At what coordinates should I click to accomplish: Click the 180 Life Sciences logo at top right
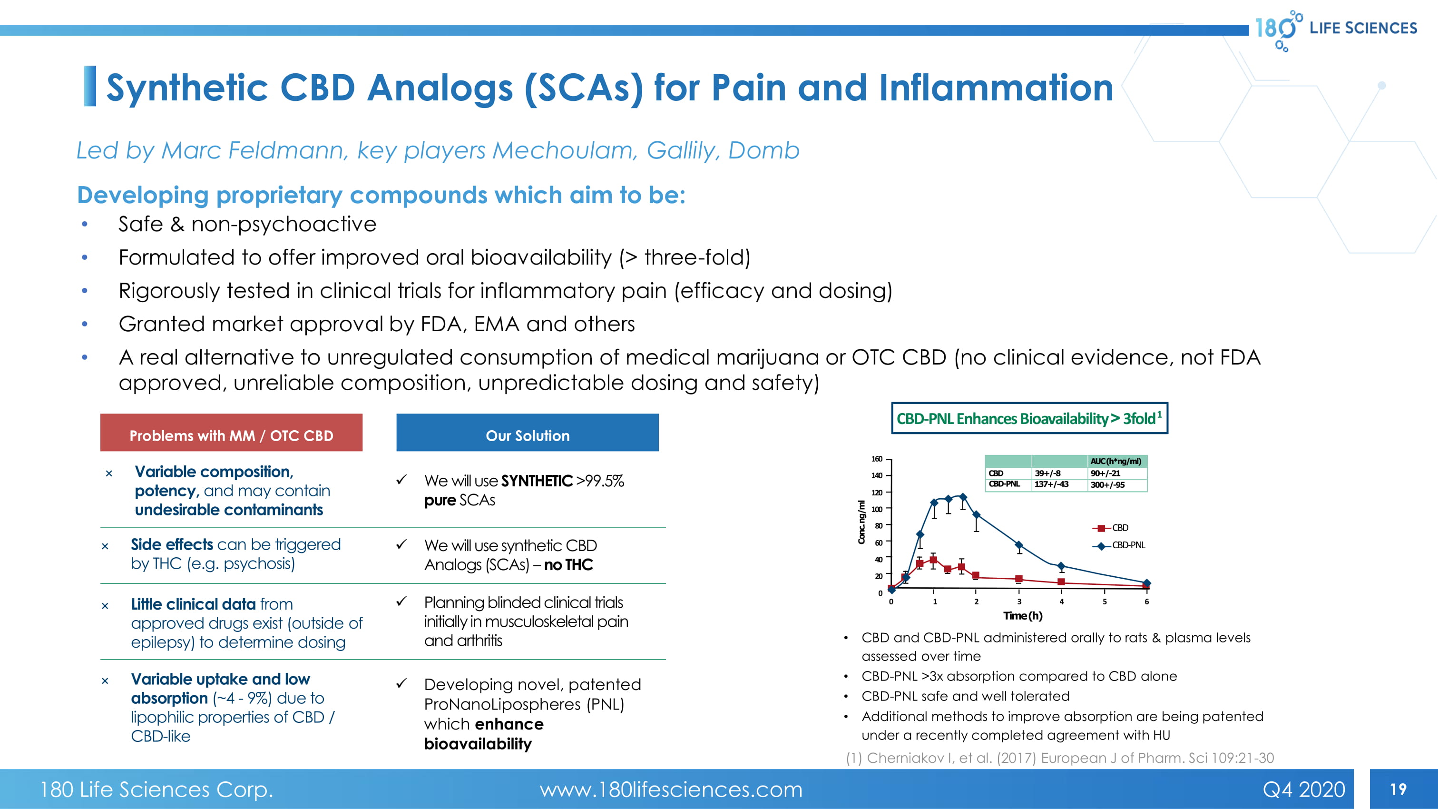[x=1335, y=29]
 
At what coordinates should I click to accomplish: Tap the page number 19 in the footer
[x=1398, y=789]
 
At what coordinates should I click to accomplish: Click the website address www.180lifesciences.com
[x=670, y=789]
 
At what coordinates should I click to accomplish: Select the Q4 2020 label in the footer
[x=1303, y=789]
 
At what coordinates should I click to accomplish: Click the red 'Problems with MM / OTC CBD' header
[x=231, y=434]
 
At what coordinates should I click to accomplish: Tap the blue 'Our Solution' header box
[x=527, y=434]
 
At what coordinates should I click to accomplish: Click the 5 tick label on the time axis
[x=1104, y=602]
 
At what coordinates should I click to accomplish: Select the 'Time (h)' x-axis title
[x=1023, y=616]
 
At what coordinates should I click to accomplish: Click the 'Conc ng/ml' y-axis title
[x=861, y=522]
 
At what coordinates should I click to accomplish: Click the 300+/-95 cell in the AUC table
[x=1107, y=484]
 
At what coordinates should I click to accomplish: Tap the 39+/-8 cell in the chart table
[x=1047, y=473]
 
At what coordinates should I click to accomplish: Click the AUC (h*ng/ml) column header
[x=1116, y=461]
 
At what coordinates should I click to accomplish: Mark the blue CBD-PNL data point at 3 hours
[x=1019, y=545]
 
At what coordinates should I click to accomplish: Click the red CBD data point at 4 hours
[x=1061, y=582]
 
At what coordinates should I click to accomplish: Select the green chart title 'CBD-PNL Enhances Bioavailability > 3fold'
[x=1029, y=419]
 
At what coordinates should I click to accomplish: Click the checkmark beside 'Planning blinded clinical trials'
[x=401, y=602]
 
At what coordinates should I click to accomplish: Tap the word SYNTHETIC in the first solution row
[x=537, y=481]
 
